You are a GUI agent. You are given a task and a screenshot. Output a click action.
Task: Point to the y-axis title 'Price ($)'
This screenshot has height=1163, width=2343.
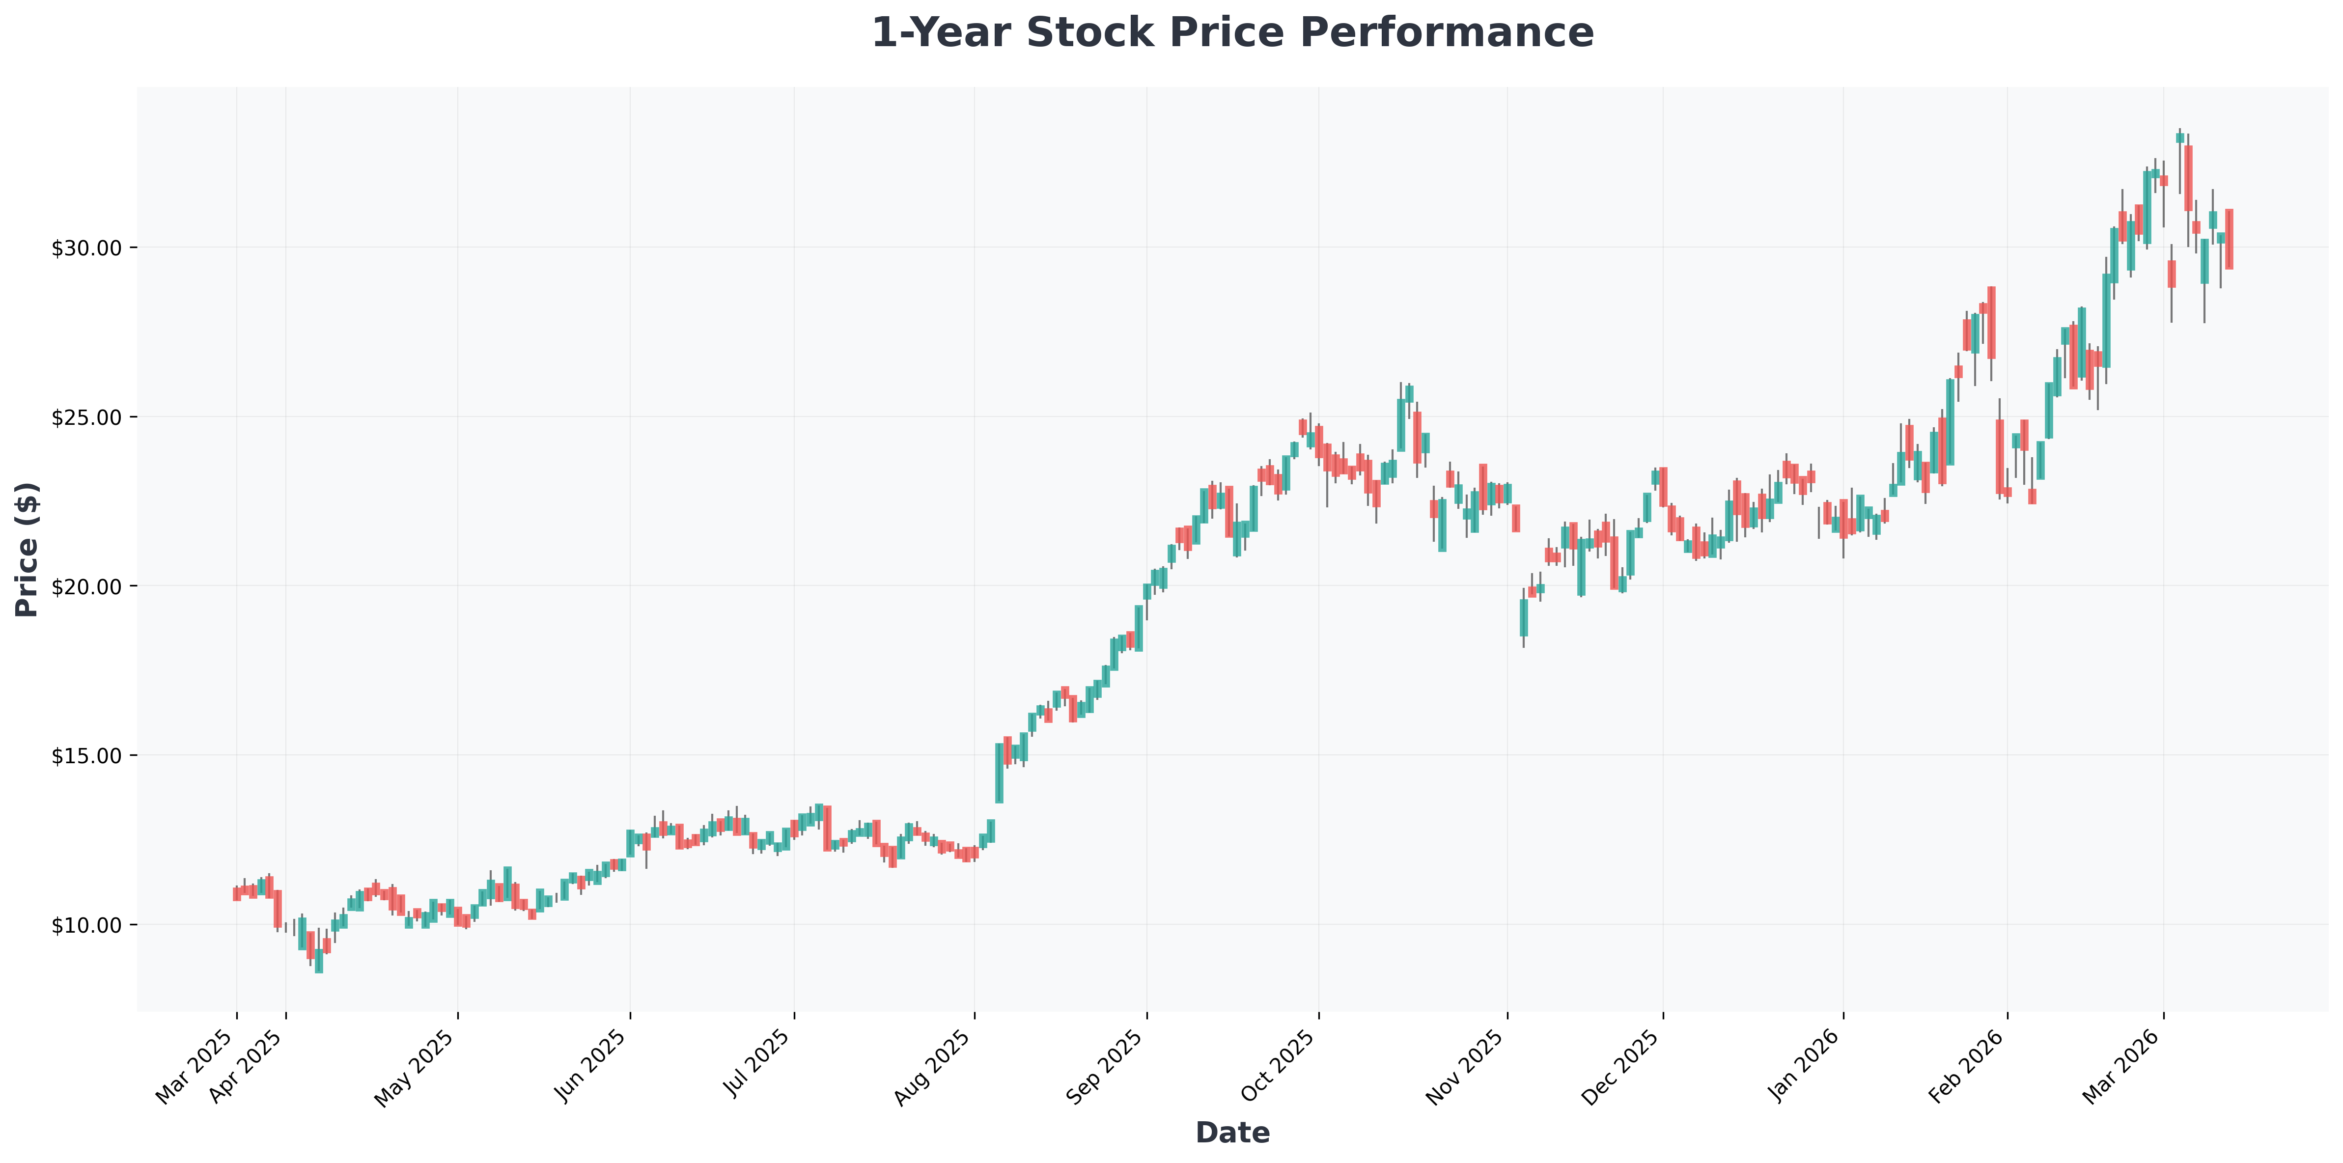pyautogui.click(x=28, y=549)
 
